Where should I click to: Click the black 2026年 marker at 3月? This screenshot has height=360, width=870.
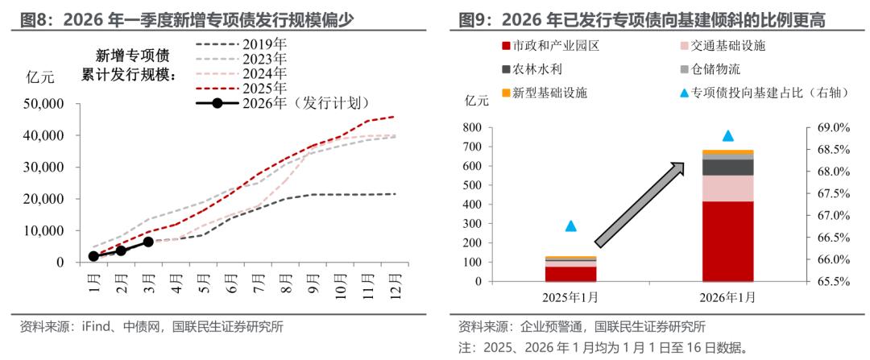pyautogui.click(x=148, y=242)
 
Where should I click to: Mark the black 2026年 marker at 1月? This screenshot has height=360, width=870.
pyautogui.click(x=93, y=256)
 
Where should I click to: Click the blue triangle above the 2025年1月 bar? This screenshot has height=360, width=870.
pyautogui.click(x=571, y=226)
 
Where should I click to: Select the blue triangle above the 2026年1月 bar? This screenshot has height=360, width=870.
pyautogui.click(x=728, y=136)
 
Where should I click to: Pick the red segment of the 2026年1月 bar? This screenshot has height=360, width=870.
pyautogui.click(x=728, y=242)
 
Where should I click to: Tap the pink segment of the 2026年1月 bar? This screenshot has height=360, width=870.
pyautogui.click(x=728, y=188)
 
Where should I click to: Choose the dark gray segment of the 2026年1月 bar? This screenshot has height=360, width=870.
pyautogui.click(x=728, y=168)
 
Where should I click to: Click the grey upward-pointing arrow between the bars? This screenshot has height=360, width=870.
pyautogui.click(x=640, y=203)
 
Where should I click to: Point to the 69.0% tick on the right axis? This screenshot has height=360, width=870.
pyautogui.click(x=828, y=127)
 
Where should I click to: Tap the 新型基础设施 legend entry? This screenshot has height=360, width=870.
pyautogui.click(x=545, y=93)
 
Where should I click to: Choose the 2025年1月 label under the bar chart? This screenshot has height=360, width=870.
pyautogui.click(x=571, y=297)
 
